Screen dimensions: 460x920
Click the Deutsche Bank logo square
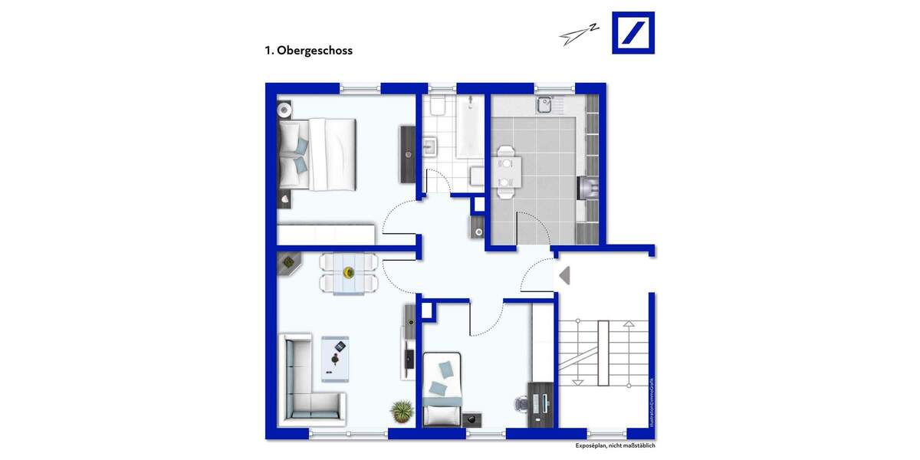coord(633,32)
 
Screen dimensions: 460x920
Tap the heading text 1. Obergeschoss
coord(308,51)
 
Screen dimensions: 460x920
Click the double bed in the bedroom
coord(318,153)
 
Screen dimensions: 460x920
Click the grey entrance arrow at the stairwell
coord(564,275)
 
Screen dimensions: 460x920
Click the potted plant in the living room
coord(402,412)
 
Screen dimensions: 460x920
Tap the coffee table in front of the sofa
coord(335,358)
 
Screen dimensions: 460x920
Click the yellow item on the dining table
coord(349,272)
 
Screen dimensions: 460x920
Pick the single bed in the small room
coord(443,389)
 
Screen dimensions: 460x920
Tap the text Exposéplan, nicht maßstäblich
coord(615,445)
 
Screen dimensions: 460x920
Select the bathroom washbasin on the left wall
coord(429,146)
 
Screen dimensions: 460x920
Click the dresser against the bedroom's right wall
coord(407,153)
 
